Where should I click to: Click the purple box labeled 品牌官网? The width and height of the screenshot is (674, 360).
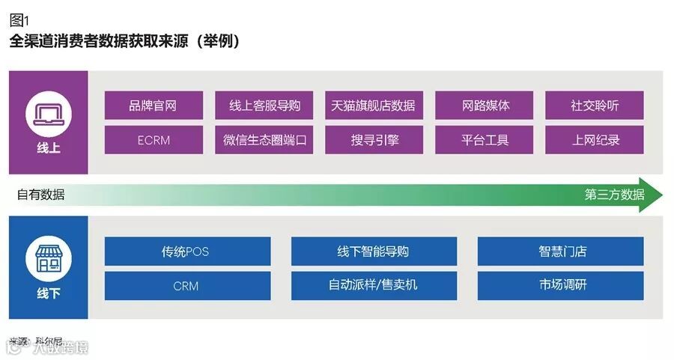pyautogui.click(x=154, y=106)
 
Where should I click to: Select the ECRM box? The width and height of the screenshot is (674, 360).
pyautogui.click(x=154, y=140)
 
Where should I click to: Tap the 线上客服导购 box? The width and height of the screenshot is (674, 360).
pyautogui.click(x=264, y=106)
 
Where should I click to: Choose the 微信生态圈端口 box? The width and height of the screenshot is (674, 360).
pyautogui.click(x=264, y=140)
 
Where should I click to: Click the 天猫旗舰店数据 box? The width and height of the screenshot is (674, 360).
pyautogui.click(x=374, y=106)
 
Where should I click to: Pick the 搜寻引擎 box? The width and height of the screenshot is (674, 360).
pyautogui.click(x=374, y=140)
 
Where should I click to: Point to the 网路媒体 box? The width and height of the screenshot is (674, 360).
pyautogui.click(x=485, y=106)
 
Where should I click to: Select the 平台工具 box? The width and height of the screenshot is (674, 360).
pyautogui.click(x=485, y=140)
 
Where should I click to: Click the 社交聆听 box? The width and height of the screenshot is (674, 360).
pyautogui.click(x=595, y=106)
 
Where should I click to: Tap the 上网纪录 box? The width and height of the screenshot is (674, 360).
pyautogui.click(x=595, y=140)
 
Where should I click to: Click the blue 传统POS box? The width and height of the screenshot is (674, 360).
pyautogui.click(x=187, y=251)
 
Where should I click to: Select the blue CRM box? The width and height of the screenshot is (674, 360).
pyautogui.click(x=187, y=286)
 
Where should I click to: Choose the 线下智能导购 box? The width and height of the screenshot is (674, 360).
pyautogui.click(x=374, y=251)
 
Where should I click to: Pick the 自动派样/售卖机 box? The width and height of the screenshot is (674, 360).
pyautogui.click(x=374, y=286)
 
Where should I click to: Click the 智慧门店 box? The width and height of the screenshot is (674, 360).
pyautogui.click(x=561, y=251)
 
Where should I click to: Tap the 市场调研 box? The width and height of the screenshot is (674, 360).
pyautogui.click(x=561, y=286)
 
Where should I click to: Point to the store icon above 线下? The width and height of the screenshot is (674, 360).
pyautogui.click(x=48, y=259)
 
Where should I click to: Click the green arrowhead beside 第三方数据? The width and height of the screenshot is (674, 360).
pyautogui.click(x=653, y=195)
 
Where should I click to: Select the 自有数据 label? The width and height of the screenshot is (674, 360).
pyautogui.click(x=41, y=195)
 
